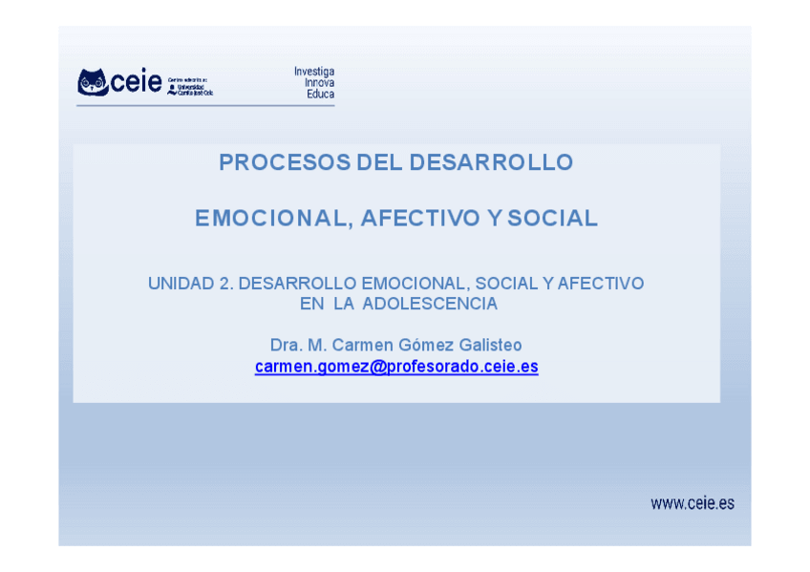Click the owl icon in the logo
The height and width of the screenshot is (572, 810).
tap(93, 82)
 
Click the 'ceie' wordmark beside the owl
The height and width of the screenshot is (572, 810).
tap(136, 83)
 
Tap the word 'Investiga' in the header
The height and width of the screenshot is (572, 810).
tap(313, 72)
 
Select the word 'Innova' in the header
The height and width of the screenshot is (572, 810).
tap(319, 83)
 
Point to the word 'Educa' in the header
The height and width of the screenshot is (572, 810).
tap(320, 95)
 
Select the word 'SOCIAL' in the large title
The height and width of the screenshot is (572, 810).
tap(552, 219)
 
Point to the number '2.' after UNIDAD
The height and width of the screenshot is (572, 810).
tap(226, 284)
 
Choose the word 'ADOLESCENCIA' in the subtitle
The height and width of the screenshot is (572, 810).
tap(430, 304)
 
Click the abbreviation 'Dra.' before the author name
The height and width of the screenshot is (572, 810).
tap(286, 345)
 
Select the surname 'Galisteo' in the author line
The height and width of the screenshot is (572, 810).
tap(489, 345)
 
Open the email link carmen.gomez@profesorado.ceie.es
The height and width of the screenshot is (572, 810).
tap(396, 367)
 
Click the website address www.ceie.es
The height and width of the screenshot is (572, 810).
tap(693, 503)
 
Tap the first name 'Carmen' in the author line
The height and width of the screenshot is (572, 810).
tap(358, 345)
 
